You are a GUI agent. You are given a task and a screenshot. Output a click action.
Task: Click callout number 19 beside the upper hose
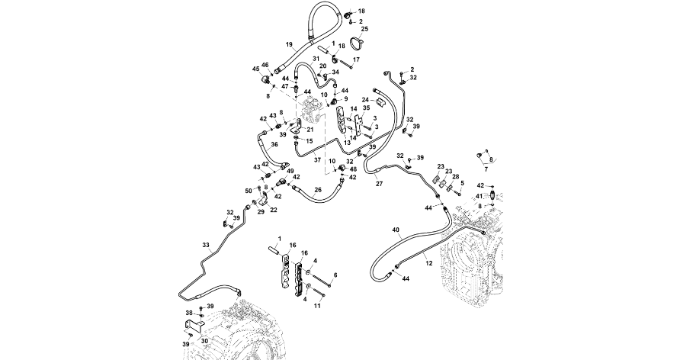[288, 44]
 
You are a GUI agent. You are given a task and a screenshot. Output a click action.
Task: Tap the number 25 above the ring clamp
[364, 29]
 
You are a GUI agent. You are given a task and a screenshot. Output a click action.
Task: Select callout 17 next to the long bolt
[356, 59]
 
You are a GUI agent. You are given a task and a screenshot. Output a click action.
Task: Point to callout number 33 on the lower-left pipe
[205, 245]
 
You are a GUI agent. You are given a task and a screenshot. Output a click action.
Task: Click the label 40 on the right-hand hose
[396, 230]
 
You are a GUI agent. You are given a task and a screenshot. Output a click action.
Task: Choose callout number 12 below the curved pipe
[428, 263]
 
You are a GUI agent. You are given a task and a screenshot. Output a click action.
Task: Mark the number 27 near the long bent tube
[379, 183]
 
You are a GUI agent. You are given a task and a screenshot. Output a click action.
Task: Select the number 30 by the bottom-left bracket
[204, 341]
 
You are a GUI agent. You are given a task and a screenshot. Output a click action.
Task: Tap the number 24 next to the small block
[365, 101]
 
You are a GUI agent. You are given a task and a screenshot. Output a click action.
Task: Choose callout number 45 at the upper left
[255, 69]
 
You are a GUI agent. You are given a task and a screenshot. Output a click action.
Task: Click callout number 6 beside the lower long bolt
[335, 275]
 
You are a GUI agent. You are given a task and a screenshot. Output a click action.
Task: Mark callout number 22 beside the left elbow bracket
[274, 210]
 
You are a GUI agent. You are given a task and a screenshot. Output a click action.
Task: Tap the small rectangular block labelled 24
[384, 101]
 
